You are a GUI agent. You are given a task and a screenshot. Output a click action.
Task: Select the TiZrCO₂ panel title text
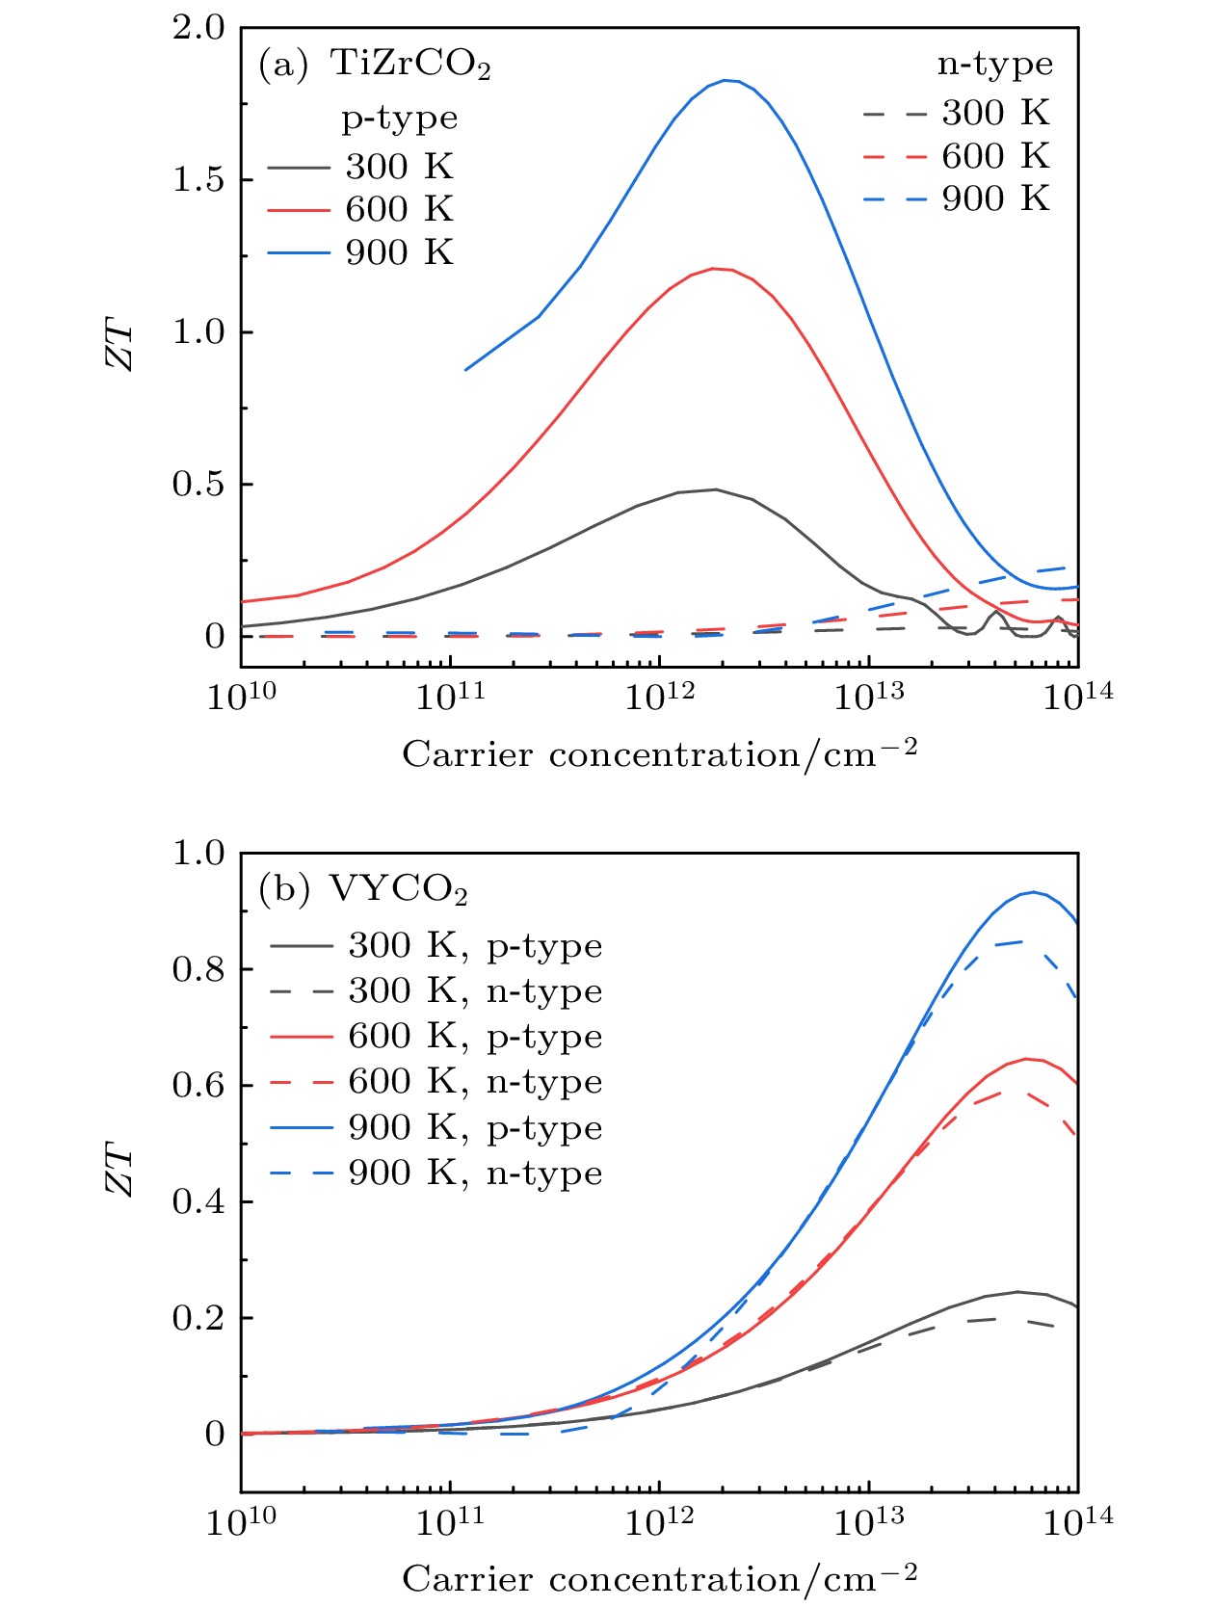(x=410, y=65)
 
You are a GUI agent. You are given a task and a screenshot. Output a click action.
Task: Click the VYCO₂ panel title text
(x=399, y=889)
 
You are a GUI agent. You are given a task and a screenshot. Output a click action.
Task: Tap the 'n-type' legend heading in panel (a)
(x=995, y=65)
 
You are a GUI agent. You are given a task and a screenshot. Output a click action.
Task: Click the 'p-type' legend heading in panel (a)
(x=400, y=119)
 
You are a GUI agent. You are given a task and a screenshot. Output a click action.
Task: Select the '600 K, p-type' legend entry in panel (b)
(x=436, y=1037)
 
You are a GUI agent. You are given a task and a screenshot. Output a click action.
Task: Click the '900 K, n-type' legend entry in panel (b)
(x=436, y=1173)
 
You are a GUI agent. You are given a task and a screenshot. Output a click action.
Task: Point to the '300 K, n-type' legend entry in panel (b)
(x=436, y=991)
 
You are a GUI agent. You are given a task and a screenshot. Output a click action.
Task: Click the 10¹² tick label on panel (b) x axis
(x=659, y=1521)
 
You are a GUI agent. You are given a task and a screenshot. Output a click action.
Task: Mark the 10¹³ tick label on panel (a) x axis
(x=869, y=697)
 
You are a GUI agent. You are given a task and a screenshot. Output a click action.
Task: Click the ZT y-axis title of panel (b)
(x=120, y=1169)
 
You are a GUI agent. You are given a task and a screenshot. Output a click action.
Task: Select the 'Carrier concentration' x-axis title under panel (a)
(x=659, y=754)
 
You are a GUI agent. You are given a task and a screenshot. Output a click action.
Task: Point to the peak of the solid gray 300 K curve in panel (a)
(x=715, y=489)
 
